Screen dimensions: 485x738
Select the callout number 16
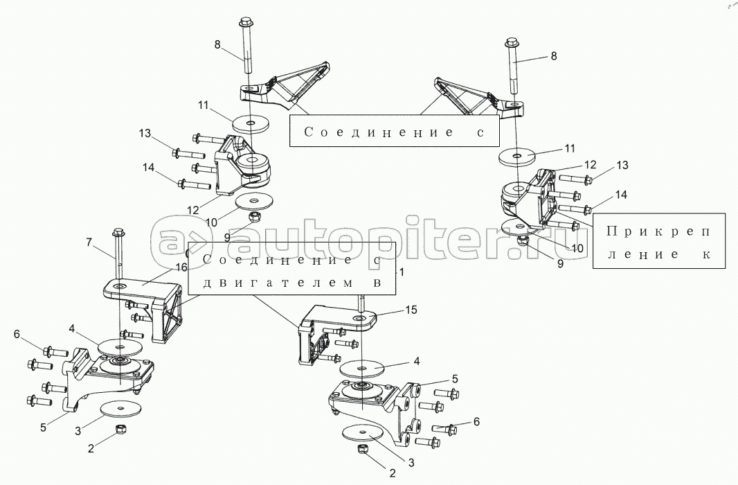(181, 267)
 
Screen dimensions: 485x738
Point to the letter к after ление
(705, 254)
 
